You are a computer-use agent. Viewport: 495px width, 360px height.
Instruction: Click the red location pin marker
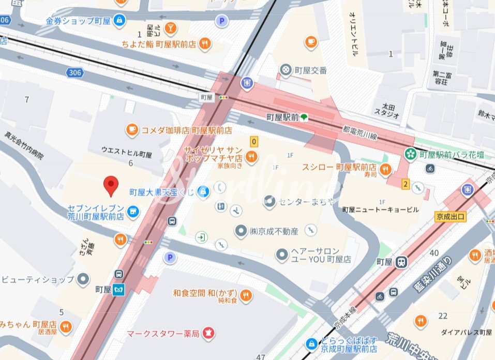[x=110, y=185]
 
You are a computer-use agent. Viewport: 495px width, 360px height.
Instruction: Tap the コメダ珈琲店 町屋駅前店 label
[x=187, y=130]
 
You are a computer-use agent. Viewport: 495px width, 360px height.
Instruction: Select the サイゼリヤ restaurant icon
[x=252, y=156]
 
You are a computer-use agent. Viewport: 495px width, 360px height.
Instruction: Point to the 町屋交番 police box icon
[x=285, y=70]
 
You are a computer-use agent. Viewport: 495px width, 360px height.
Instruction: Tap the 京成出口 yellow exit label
[x=451, y=216]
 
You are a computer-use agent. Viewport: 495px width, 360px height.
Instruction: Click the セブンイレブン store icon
[x=133, y=211]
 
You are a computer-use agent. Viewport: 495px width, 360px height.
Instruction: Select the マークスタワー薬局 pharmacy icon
[x=209, y=332]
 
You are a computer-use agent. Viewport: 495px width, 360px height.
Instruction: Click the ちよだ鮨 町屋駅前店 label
[x=159, y=44]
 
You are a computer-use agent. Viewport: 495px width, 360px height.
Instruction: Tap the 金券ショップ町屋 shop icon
[x=120, y=21]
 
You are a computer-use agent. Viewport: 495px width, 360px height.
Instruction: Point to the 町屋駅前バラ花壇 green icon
[x=410, y=154]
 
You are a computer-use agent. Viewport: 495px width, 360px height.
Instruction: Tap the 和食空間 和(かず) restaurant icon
[x=246, y=294]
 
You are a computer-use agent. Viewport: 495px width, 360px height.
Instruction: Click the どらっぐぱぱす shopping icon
[x=311, y=343]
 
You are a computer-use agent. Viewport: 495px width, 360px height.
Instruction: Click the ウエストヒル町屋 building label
[x=127, y=154]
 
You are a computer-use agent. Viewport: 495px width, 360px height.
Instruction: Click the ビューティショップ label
[x=38, y=279]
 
